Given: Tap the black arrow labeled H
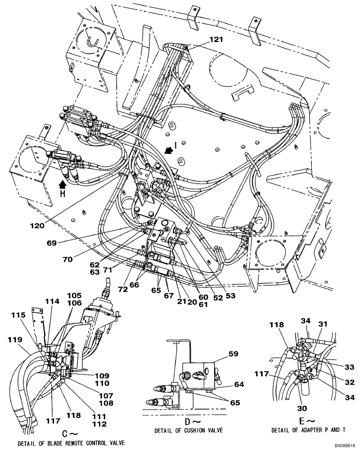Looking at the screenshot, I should pyautogui.click(x=63, y=184).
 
